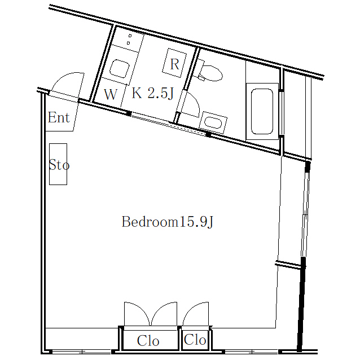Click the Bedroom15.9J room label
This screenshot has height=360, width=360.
[168, 222]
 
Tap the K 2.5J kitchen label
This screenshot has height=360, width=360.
[153, 93]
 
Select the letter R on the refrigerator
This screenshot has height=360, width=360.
[175, 64]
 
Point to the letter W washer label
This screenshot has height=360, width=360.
[111, 94]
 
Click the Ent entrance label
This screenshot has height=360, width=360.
[59, 117]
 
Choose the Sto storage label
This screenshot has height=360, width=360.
[59, 165]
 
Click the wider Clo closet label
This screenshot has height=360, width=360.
[148, 341]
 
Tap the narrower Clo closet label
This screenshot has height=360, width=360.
[195, 340]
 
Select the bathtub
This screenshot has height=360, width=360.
[262, 112]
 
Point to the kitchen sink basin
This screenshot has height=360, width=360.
[120, 69]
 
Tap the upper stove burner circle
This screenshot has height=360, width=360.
[130, 36]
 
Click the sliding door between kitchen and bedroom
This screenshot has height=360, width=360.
[169, 124]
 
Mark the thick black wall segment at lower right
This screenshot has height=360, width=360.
[301, 304]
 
